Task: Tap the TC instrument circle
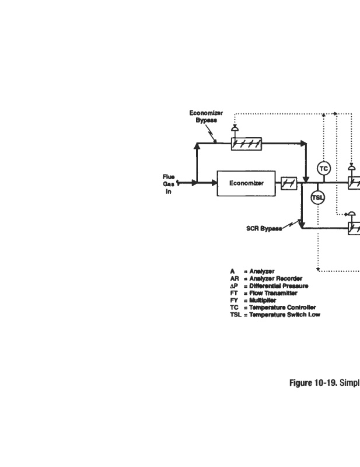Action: (x=323, y=169)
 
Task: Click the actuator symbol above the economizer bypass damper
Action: (x=235, y=128)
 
